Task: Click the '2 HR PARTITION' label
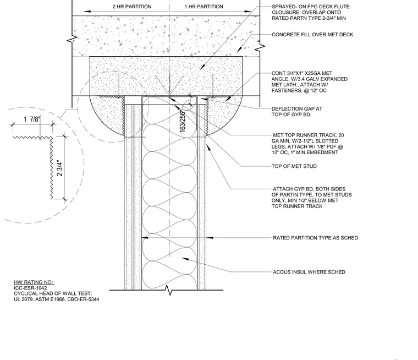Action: click(x=132, y=7)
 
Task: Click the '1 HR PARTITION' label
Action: click(x=204, y=7)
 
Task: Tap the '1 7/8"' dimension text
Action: click(x=31, y=119)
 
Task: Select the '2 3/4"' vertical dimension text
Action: click(x=60, y=168)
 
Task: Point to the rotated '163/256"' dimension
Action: click(x=183, y=121)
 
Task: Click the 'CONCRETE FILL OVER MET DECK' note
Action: click(x=312, y=35)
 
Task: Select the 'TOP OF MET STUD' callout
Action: click(x=294, y=166)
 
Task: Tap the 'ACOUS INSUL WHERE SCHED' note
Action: click(x=309, y=272)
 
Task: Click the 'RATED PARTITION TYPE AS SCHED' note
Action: click(x=315, y=238)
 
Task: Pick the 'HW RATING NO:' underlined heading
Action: click(x=34, y=282)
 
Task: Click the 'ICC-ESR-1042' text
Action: click(x=30, y=288)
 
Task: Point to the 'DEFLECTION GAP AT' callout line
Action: click(x=296, y=109)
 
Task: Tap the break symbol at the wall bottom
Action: click(x=169, y=290)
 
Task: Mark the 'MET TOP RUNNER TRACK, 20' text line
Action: click(x=309, y=135)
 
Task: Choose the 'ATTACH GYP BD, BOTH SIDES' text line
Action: click(x=309, y=189)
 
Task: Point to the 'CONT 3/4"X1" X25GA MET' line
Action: click(x=302, y=73)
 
